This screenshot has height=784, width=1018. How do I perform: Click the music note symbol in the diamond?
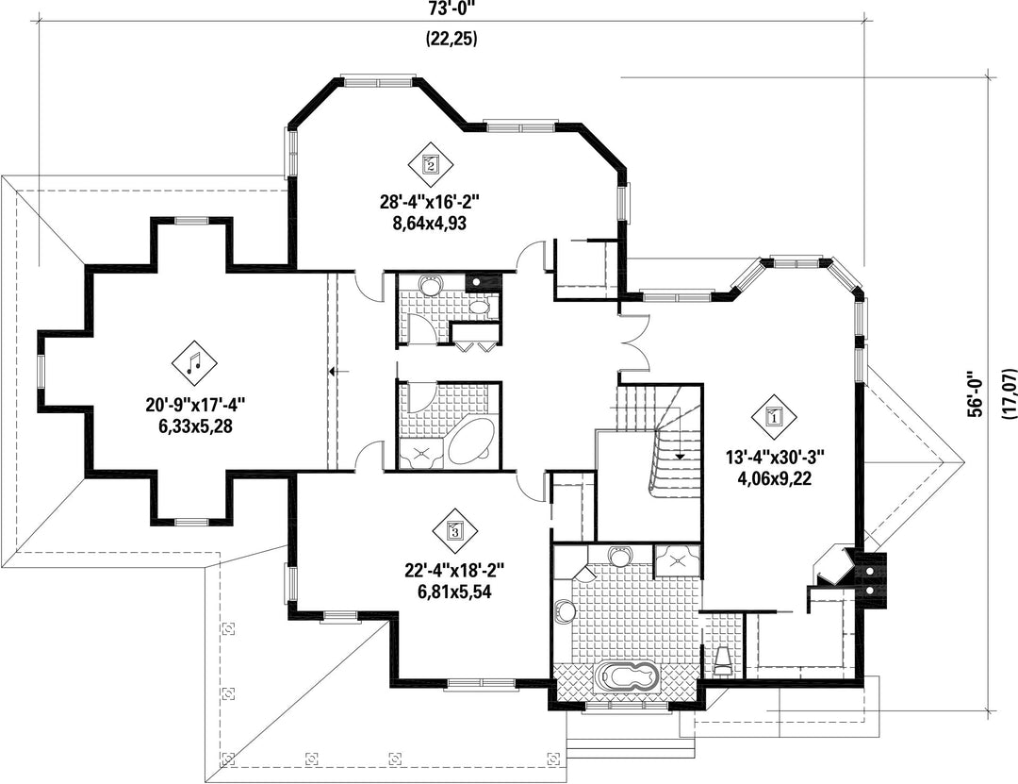point(194,362)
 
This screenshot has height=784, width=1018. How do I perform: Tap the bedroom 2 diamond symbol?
point(431,163)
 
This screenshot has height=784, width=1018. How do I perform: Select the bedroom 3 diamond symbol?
point(454,530)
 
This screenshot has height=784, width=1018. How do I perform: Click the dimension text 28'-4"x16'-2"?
point(434,202)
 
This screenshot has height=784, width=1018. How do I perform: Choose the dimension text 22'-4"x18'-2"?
point(454,571)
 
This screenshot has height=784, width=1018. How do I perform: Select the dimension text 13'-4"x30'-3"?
point(775,457)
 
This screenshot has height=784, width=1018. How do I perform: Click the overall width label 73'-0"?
point(452,8)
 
